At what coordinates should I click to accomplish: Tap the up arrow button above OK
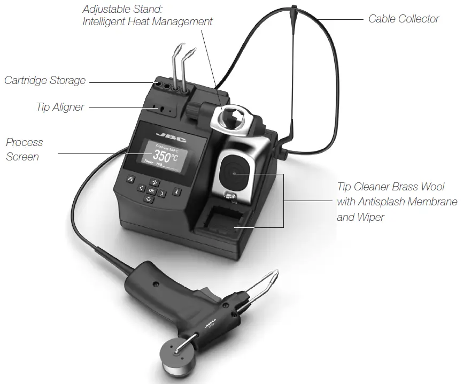click(153, 182)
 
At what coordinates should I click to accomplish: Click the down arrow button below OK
click(149, 199)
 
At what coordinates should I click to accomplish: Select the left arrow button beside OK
click(141, 188)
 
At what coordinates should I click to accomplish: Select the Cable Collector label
click(404, 19)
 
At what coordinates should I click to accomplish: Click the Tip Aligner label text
click(60, 107)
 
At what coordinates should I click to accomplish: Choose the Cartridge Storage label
click(45, 81)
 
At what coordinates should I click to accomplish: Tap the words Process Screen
click(24, 149)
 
